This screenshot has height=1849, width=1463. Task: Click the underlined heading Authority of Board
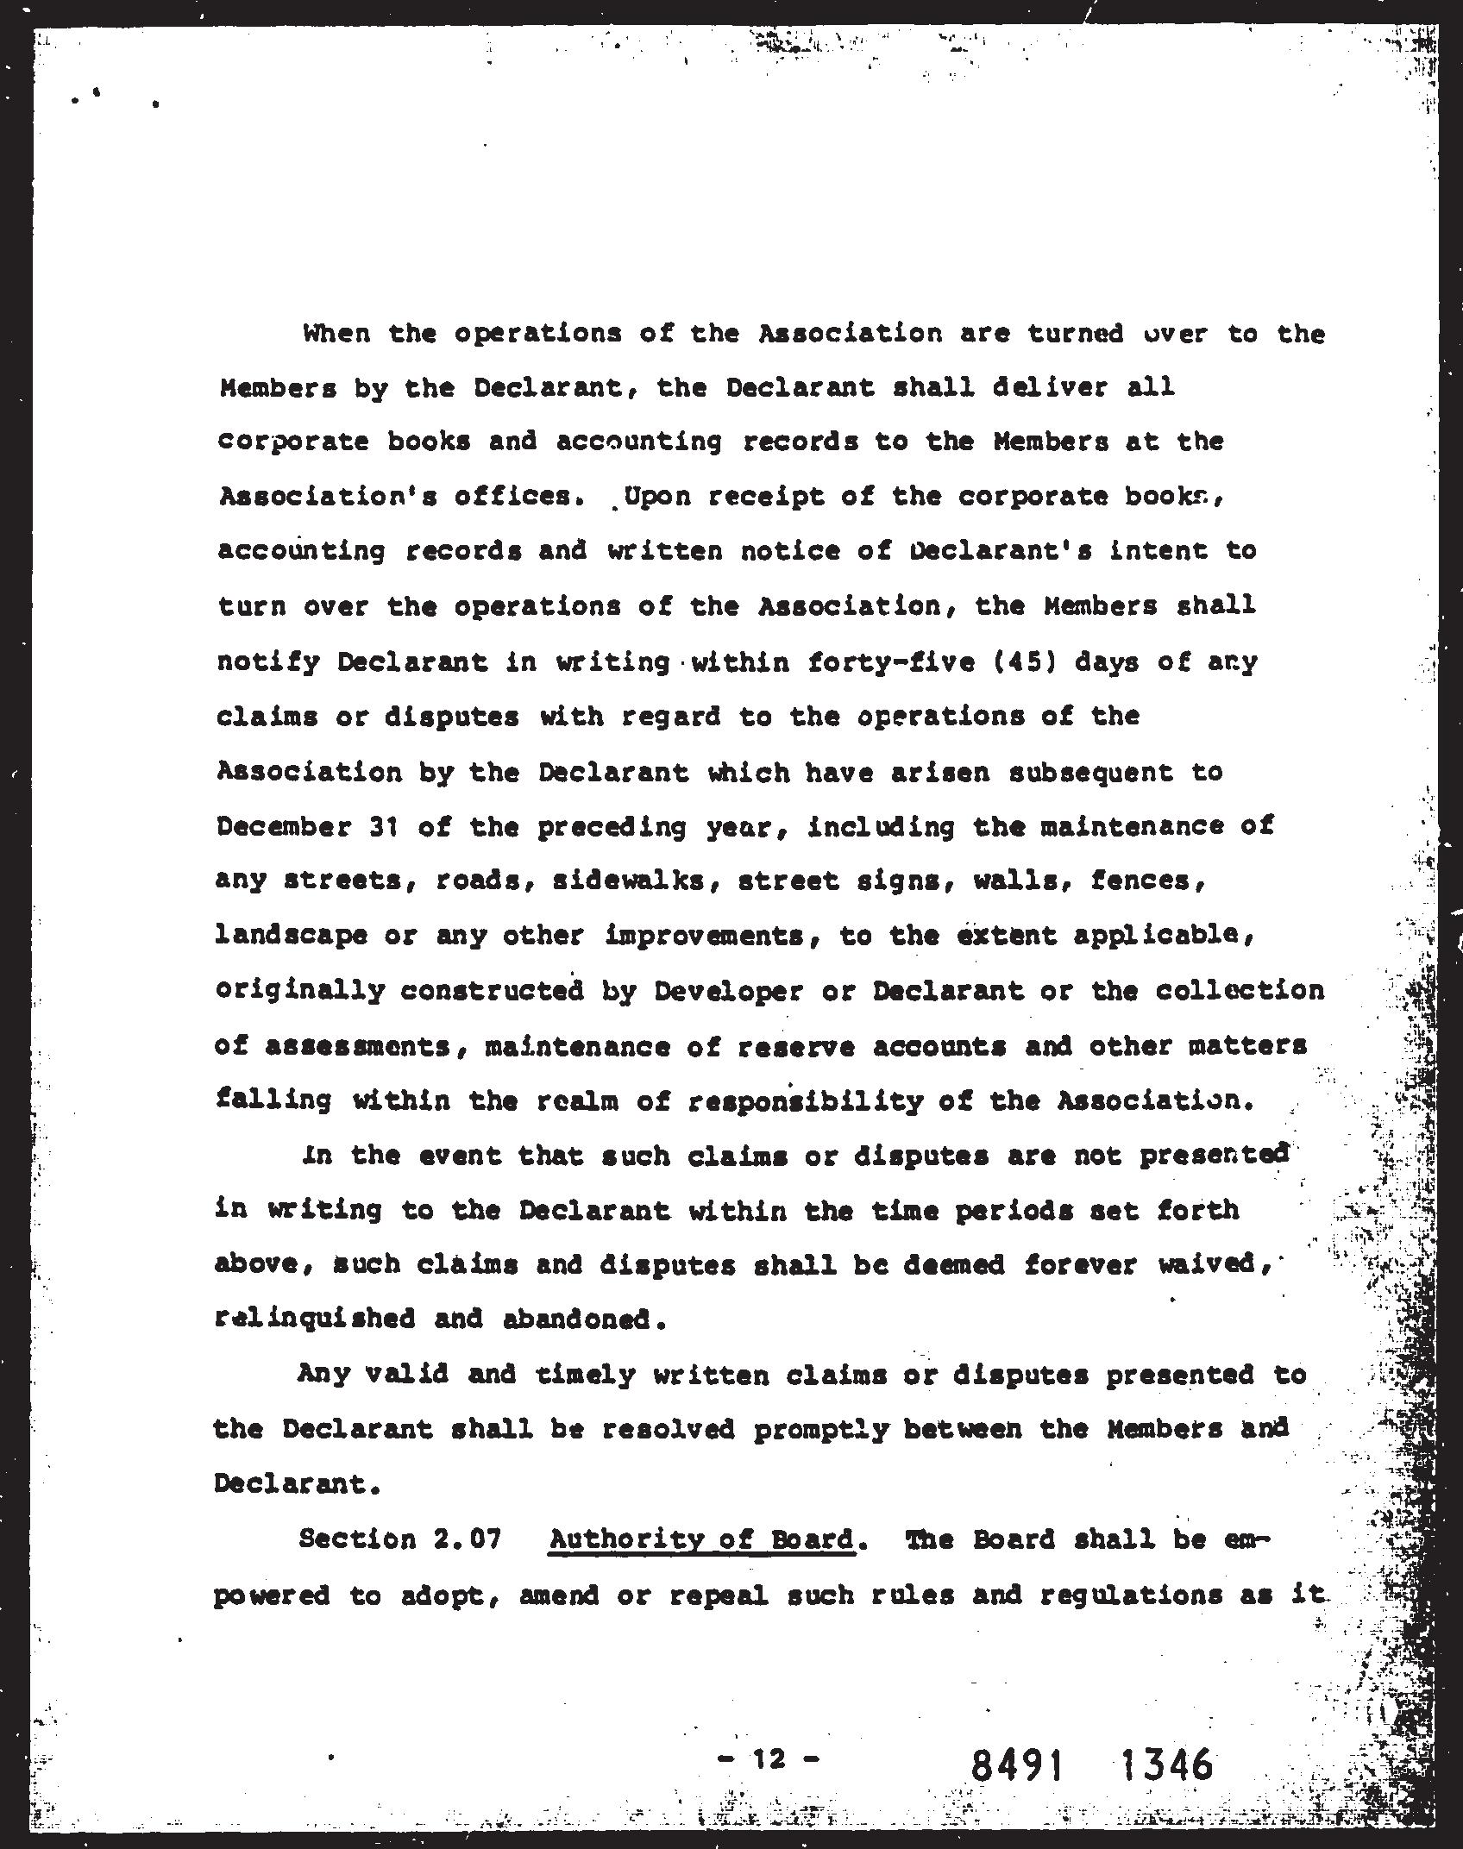coord(702,1541)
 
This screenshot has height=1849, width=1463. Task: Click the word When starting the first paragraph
coord(336,333)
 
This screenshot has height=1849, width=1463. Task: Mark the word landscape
coord(291,937)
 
